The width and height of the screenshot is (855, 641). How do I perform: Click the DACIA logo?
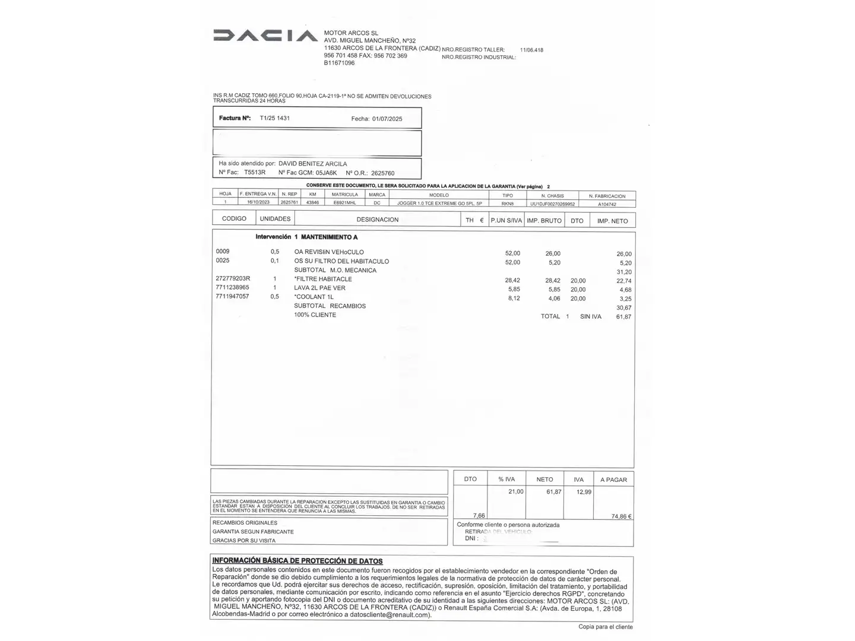pyautogui.click(x=265, y=36)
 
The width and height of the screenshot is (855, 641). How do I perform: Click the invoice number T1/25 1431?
pyautogui.click(x=275, y=118)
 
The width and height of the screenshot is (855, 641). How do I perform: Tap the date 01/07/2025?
pyautogui.click(x=387, y=119)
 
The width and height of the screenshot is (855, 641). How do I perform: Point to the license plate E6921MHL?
pyautogui.click(x=345, y=202)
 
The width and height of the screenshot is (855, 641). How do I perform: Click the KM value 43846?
pyautogui.click(x=312, y=202)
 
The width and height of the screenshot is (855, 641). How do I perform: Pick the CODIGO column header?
pyautogui.click(x=234, y=219)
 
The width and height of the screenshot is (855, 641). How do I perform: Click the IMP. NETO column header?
pyautogui.click(x=613, y=221)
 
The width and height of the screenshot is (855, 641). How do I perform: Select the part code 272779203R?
pyautogui.click(x=233, y=279)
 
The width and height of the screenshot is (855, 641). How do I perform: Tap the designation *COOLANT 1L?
pyautogui.click(x=314, y=297)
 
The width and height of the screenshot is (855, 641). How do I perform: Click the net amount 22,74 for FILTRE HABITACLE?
pyautogui.click(x=624, y=281)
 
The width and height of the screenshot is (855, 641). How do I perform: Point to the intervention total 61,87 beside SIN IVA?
pyautogui.click(x=623, y=317)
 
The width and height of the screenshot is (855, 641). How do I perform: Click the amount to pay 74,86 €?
pyautogui.click(x=621, y=516)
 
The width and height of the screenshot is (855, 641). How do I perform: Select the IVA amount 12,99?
pyautogui.click(x=584, y=492)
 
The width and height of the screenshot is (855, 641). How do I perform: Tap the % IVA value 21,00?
pyautogui.click(x=515, y=492)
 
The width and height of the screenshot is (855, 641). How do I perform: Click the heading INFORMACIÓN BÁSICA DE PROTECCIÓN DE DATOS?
pyautogui.click(x=297, y=561)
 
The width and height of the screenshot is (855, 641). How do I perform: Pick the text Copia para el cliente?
pyautogui.click(x=606, y=627)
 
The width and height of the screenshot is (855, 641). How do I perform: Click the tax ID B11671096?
pyautogui.click(x=339, y=63)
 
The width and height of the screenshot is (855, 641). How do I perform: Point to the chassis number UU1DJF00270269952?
pyautogui.click(x=552, y=204)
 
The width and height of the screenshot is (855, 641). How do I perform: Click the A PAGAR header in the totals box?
pyautogui.click(x=613, y=480)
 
